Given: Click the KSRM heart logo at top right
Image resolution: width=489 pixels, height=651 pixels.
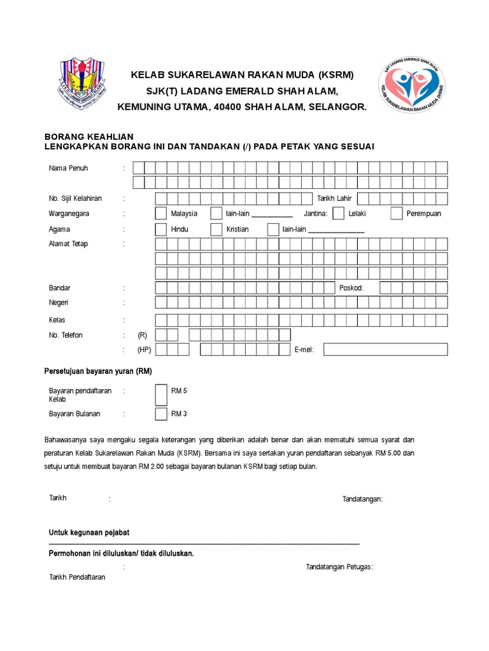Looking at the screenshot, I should pos(411,85).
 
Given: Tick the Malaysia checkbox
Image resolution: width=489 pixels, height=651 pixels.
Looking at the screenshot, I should pos(161,214).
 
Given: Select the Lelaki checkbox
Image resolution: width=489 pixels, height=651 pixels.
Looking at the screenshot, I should pos(339,214).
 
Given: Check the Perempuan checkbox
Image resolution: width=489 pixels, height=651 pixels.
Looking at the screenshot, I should pos(397,214).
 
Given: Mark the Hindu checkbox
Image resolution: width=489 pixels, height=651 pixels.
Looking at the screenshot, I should pos(161,230).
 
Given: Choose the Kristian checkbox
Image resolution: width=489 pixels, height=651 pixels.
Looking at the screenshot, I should pos(216,230).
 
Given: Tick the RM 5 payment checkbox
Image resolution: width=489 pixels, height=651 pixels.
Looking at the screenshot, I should pos(161,394).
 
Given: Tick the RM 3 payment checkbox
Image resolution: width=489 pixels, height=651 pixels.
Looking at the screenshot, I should pos(161,414).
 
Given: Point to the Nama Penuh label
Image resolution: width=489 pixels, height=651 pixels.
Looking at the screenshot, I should pos(69,168).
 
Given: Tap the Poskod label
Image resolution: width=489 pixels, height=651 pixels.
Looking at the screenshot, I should pos(351,288).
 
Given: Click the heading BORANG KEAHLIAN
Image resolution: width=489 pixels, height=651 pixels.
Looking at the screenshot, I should pos(89,136).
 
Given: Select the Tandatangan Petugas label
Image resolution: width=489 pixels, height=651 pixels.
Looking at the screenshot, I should pos(339,566).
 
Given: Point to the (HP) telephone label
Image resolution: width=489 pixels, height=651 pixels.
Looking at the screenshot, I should pos(143,350).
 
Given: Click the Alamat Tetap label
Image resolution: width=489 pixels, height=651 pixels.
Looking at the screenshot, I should pos(68,244).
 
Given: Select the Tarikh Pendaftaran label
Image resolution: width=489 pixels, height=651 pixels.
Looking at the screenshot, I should pos(77,577).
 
